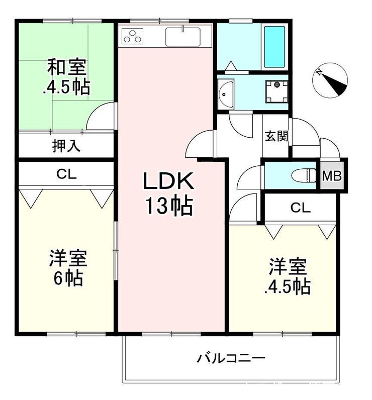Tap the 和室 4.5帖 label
[66, 77]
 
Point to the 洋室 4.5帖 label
[287, 277]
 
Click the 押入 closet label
[66, 146]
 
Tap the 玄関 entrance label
[276, 136]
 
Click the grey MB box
[332, 175]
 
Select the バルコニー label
[231, 358]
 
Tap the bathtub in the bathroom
[274, 47]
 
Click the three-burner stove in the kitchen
[132, 36]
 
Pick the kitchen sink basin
[182, 37]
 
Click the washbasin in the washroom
[226, 93]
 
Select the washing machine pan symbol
[276, 91]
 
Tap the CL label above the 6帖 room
[66, 174]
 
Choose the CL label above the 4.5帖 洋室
[300, 208]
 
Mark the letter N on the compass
[319, 72]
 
